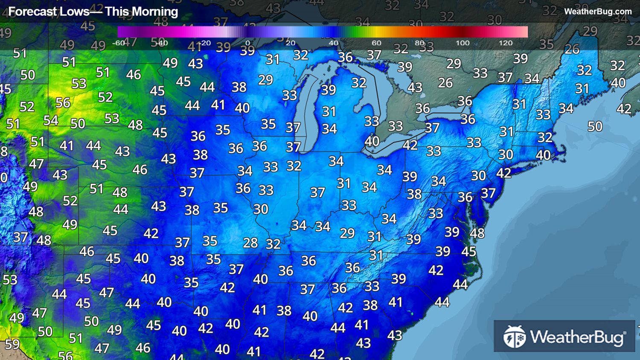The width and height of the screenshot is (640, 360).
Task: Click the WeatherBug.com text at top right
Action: point(598,12)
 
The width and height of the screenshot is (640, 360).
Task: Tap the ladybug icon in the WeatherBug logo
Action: point(514,337)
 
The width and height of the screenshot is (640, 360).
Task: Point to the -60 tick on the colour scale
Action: point(118,43)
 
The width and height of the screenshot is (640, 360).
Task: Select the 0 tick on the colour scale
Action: point(247,43)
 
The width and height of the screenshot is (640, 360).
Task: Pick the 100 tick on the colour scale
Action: point(463,43)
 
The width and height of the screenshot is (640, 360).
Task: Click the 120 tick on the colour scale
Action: point(506,43)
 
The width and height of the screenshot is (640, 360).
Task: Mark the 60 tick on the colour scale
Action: point(376,43)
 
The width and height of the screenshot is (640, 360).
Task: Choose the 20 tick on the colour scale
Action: point(291,43)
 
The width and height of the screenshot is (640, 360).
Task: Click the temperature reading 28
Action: point(250,243)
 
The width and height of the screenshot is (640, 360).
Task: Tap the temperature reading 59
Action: point(12,344)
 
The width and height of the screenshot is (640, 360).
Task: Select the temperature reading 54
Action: point(51,121)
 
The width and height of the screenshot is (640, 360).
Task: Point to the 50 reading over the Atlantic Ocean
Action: point(595,126)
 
